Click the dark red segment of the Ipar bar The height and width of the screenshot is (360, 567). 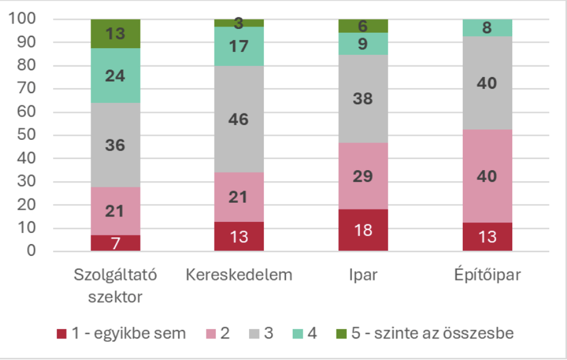click(363, 230)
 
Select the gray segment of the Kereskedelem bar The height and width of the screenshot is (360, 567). click(239, 119)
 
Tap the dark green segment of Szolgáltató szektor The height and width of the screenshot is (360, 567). click(115, 33)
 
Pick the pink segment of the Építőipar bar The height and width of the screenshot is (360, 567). click(487, 176)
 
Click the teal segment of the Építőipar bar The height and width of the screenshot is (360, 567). click(487, 28)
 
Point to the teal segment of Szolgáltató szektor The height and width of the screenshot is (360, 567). click(115, 75)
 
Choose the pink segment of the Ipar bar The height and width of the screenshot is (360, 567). click(363, 176)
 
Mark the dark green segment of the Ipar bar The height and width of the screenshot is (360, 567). click(363, 25)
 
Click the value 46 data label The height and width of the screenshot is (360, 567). click(239, 120)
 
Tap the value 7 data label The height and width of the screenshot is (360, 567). click(115, 243)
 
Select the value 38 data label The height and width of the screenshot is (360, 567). click(363, 99)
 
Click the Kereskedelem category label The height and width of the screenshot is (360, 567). click(239, 274)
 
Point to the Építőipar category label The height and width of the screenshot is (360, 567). click(487, 274)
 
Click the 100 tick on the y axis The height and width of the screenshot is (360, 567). click(22, 19)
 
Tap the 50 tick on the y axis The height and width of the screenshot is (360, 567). click(26, 135)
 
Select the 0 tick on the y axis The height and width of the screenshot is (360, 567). click(30, 251)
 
